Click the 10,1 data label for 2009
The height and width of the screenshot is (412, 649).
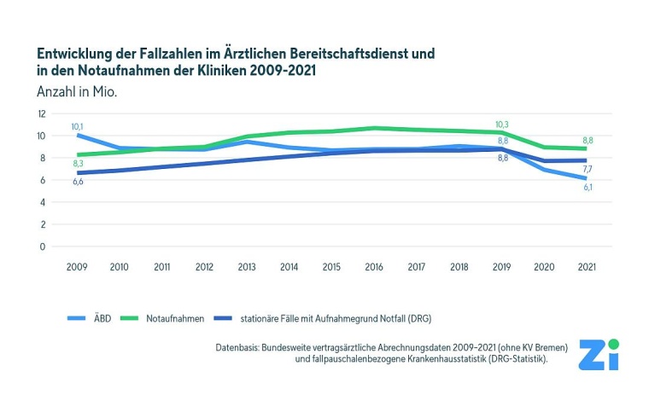(78, 126)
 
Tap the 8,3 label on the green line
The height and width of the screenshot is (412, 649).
(78, 163)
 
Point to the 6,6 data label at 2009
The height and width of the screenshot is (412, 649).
(78, 182)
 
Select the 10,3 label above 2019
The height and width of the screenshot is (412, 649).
(502, 125)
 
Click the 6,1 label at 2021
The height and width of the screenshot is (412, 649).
(588, 187)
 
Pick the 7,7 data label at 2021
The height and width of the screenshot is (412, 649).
(588, 170)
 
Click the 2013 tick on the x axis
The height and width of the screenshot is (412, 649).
(247, 267)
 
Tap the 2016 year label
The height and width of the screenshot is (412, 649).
(374, 267)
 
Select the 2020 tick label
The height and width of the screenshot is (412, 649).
(544, 267)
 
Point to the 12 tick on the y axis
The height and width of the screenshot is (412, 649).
(41, 113)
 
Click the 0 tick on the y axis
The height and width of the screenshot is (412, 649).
(43, 247)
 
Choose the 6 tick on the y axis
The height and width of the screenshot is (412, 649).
(43, 180)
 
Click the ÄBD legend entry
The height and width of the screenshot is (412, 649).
(102, 318)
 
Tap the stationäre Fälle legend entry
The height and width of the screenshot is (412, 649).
(338, 318)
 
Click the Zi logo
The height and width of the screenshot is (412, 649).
(598, 354)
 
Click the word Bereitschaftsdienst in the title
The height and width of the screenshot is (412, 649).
(325, 53)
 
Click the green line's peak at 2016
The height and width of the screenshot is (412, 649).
(374, 128)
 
